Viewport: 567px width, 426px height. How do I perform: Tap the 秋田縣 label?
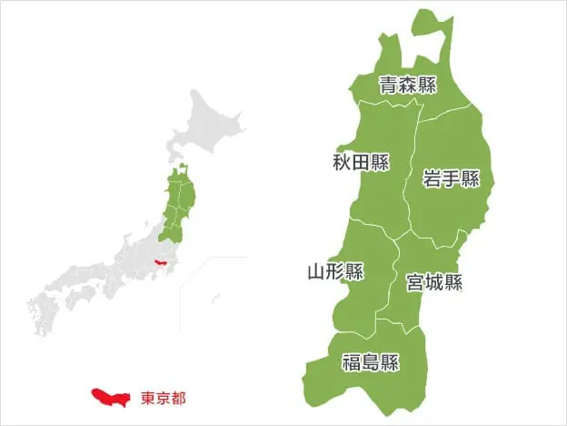point(361,163)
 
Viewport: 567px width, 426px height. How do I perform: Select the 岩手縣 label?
point(451,178)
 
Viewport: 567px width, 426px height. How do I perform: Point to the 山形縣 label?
point(335,271)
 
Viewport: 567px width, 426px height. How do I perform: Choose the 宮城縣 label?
point(434,282)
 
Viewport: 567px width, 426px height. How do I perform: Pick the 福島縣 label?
point(370,363)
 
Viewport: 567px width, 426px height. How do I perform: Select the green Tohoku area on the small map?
point(182,205)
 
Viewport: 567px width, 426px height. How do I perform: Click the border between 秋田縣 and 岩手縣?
point(411,173)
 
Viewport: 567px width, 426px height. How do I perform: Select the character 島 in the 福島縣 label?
point(370,363)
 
